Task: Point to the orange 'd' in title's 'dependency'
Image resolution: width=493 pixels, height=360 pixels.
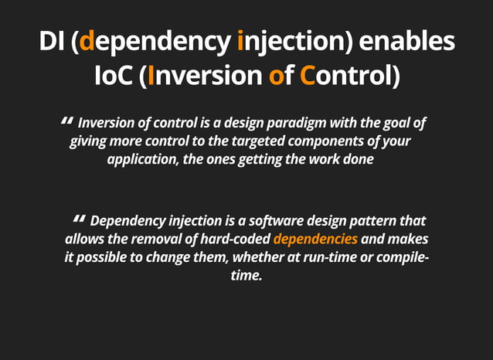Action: pos(87,41)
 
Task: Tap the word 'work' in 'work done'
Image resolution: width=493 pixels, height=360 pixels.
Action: pos(328,160)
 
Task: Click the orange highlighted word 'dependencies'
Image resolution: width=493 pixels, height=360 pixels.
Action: pos(315,239)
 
